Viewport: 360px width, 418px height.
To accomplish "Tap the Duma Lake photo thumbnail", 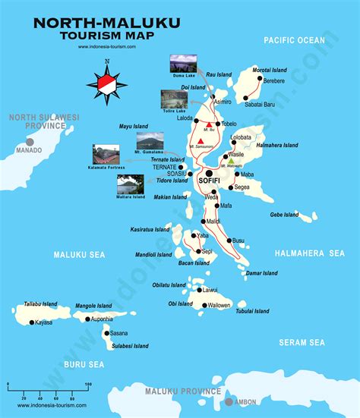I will click(182, 63).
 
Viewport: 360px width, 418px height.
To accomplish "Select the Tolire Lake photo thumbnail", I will click(174, 99).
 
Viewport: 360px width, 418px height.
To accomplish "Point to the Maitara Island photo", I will click(131, 184).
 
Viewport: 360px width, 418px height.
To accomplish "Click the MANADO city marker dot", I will click(30, 141).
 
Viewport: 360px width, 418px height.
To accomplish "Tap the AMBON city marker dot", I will click(229, 401).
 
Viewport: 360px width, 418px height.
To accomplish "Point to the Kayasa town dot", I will click(31, 322).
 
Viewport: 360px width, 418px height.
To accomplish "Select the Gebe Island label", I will click(285, 215).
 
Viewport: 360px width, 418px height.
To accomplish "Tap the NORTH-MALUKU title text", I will click(106, 24).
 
